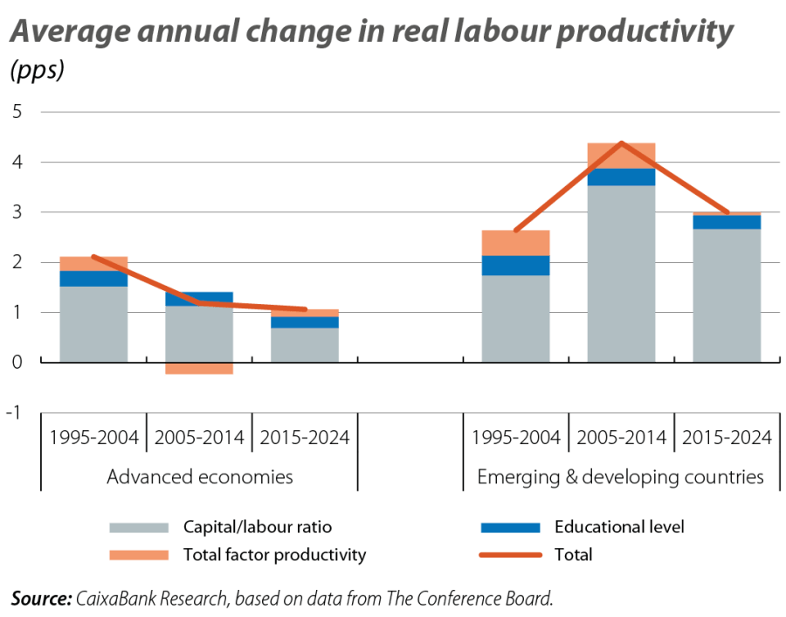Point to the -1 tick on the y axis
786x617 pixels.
click(x=13, y=412)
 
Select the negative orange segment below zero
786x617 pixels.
click(x=199, y=369)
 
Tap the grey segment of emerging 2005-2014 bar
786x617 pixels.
click(x=621, y=274)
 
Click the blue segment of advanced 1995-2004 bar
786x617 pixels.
click(x=93, y=279)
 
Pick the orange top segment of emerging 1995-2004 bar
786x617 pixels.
click(x=515, y=243)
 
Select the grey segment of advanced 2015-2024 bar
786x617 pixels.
click(x=304, y=345)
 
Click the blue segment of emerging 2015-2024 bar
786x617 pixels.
click(x=727, y=222)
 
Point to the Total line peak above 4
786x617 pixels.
click(x=621, y=142)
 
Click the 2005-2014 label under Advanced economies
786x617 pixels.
click(x=199, y=437)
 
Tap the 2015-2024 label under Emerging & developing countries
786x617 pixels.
click(x=727, y=437)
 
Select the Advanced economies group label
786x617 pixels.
click(x=199, y=477)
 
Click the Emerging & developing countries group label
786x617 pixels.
click(x=621, y=477)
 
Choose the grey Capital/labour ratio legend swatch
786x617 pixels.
click(x=138, y=528)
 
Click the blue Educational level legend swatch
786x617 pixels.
click(x=510, y=528)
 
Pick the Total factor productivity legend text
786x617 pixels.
click(x=274, y=555)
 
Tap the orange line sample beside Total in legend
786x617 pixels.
click(x=510, y=555)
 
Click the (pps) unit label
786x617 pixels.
click(x=37, y=72)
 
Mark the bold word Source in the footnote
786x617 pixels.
click(x=40, y=599)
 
